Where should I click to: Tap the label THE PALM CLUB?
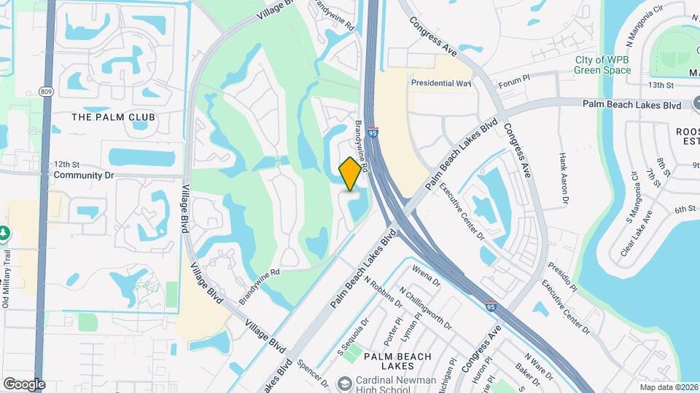113,116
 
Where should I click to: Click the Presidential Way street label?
441,83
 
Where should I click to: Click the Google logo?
24,384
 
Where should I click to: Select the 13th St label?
661,85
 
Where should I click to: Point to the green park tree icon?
4,234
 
